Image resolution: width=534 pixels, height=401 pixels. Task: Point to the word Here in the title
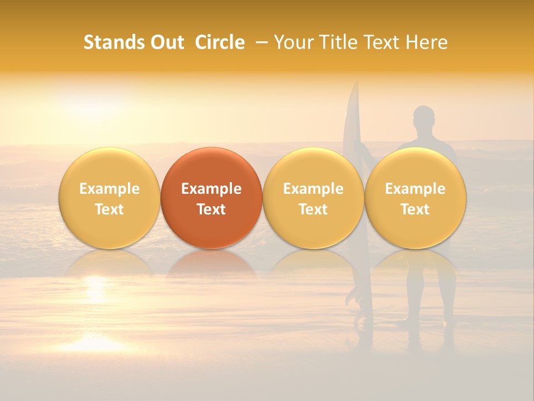427,42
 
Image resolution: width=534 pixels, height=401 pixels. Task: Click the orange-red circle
211,198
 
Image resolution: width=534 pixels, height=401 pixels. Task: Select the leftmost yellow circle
110,198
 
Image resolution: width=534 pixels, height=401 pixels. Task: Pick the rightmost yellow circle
416,198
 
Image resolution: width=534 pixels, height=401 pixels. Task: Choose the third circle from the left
313,198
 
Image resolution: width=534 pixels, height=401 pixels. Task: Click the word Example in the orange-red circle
211,189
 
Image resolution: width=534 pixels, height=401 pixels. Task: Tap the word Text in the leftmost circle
110,209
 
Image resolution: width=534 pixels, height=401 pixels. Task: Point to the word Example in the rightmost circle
416,189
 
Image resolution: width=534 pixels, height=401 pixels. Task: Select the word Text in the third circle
313,209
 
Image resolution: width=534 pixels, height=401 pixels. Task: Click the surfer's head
424,117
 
